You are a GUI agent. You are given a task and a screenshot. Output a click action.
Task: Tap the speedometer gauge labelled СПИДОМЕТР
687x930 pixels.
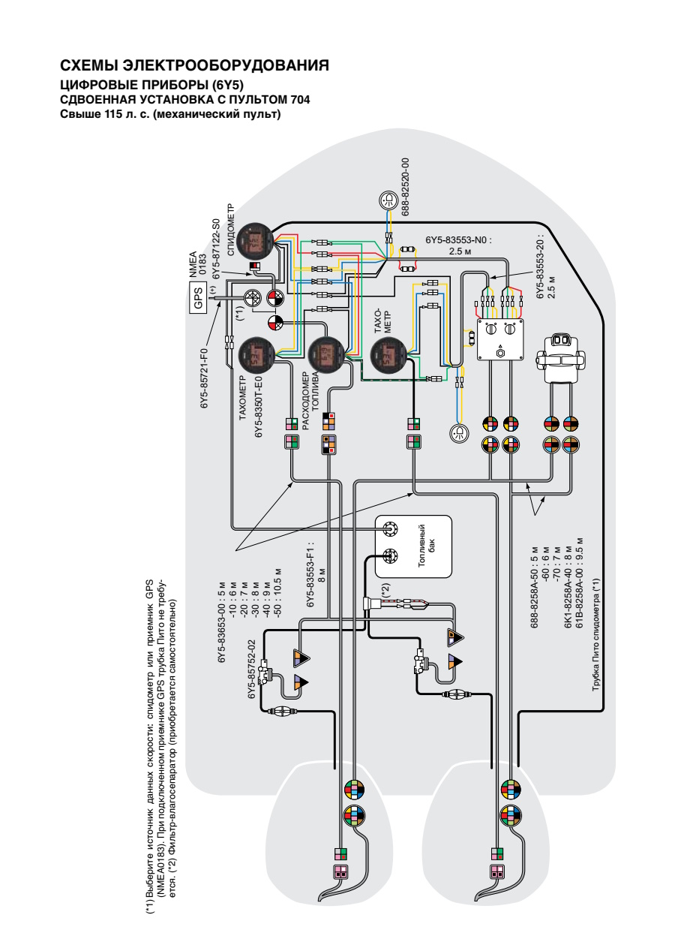tap(254, 241)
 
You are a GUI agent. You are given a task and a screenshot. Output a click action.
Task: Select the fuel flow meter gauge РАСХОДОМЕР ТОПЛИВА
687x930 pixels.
tap(325, 354)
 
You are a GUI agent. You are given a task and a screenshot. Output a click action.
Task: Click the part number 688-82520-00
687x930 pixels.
tap(405, 187)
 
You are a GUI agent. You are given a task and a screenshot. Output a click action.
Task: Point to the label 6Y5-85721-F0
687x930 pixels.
tap(205, 378)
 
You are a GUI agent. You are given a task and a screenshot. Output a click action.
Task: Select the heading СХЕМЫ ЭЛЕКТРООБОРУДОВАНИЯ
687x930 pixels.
tap(194, 65)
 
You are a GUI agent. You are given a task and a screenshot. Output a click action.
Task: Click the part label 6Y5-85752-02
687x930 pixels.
tap(251, 668)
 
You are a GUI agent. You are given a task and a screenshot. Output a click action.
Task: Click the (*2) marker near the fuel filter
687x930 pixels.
tap(386, 590)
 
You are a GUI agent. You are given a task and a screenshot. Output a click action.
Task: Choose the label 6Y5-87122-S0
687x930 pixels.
tap(216, 249)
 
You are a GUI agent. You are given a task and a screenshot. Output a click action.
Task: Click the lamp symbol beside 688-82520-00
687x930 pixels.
tap(388, 200)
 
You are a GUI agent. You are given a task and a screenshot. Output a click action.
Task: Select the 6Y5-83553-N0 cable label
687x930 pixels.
tap(458, 240)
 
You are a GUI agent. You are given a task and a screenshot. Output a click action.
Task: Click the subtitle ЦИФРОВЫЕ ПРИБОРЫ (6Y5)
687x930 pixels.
tap(151, 85)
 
